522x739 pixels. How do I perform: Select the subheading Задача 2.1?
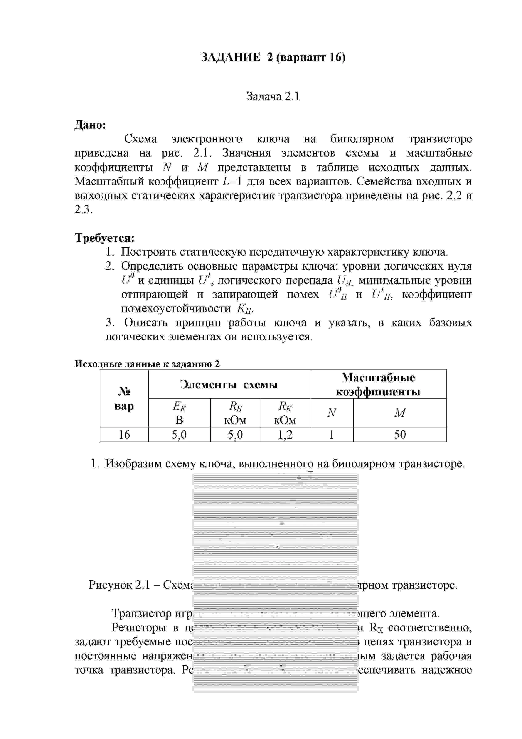(273, 96)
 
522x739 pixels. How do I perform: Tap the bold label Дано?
(90, 125)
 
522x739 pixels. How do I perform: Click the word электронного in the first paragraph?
(206, 139)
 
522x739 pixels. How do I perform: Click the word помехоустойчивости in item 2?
(176, 308)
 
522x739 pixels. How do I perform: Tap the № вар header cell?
(124, 399)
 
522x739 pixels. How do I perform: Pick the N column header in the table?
(331, 413)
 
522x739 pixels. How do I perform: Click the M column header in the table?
(400, 413)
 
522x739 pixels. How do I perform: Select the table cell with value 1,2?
(285, 435)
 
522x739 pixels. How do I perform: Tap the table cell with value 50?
(400, 435)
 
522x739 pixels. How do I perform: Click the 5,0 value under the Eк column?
(179, 435)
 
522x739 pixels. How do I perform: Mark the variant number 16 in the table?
(124, 435)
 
